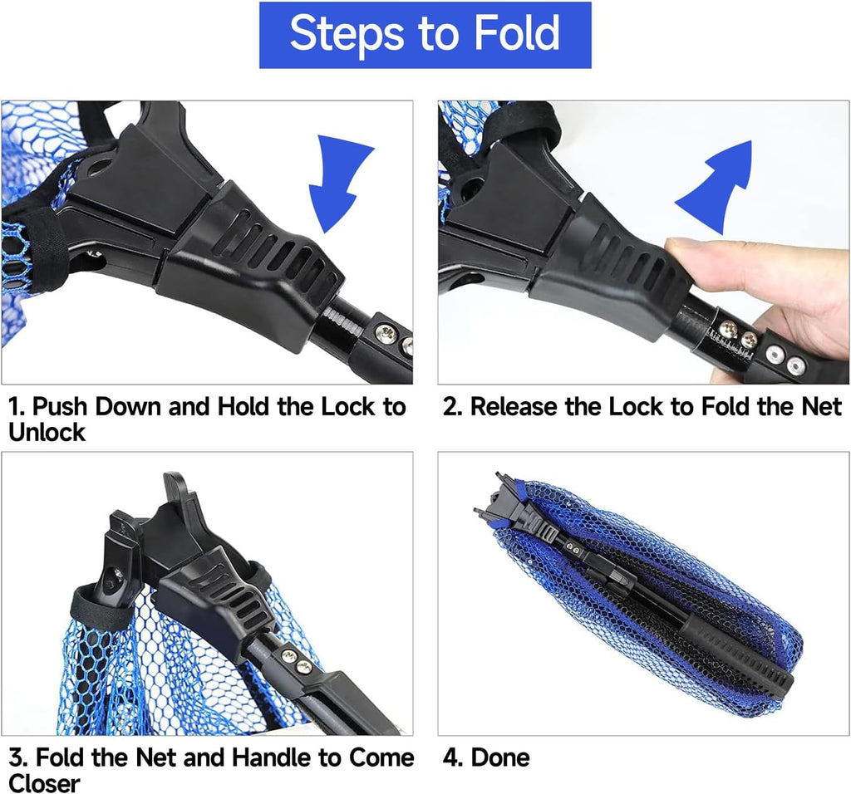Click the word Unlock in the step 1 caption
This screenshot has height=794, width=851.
pyautogui.click(x=47, y=432)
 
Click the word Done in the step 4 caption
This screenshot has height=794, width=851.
pyautogui.click(x=500, y=757)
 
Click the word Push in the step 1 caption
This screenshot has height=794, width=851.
pyautogui.click(x=60, y=407)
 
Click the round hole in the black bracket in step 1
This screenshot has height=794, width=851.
pyautogui.click(x=100, y=165)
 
